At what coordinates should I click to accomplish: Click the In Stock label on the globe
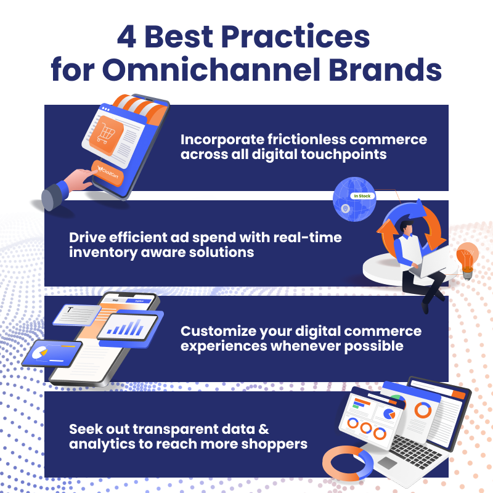click(x=361, y=196)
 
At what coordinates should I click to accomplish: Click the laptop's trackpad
click(x=387, y=463)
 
